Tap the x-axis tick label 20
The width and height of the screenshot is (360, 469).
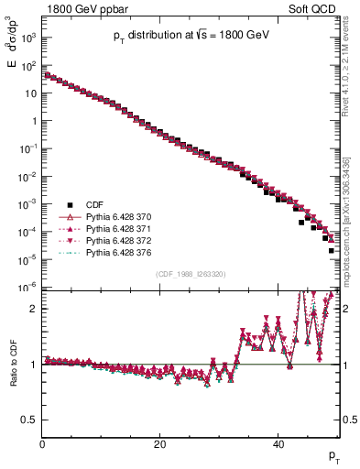coord(160,446)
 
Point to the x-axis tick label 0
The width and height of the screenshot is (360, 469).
coord(42,446)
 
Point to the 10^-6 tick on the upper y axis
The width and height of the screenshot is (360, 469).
coord(27,288)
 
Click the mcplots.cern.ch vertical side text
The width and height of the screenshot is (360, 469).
coord(351,229)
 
